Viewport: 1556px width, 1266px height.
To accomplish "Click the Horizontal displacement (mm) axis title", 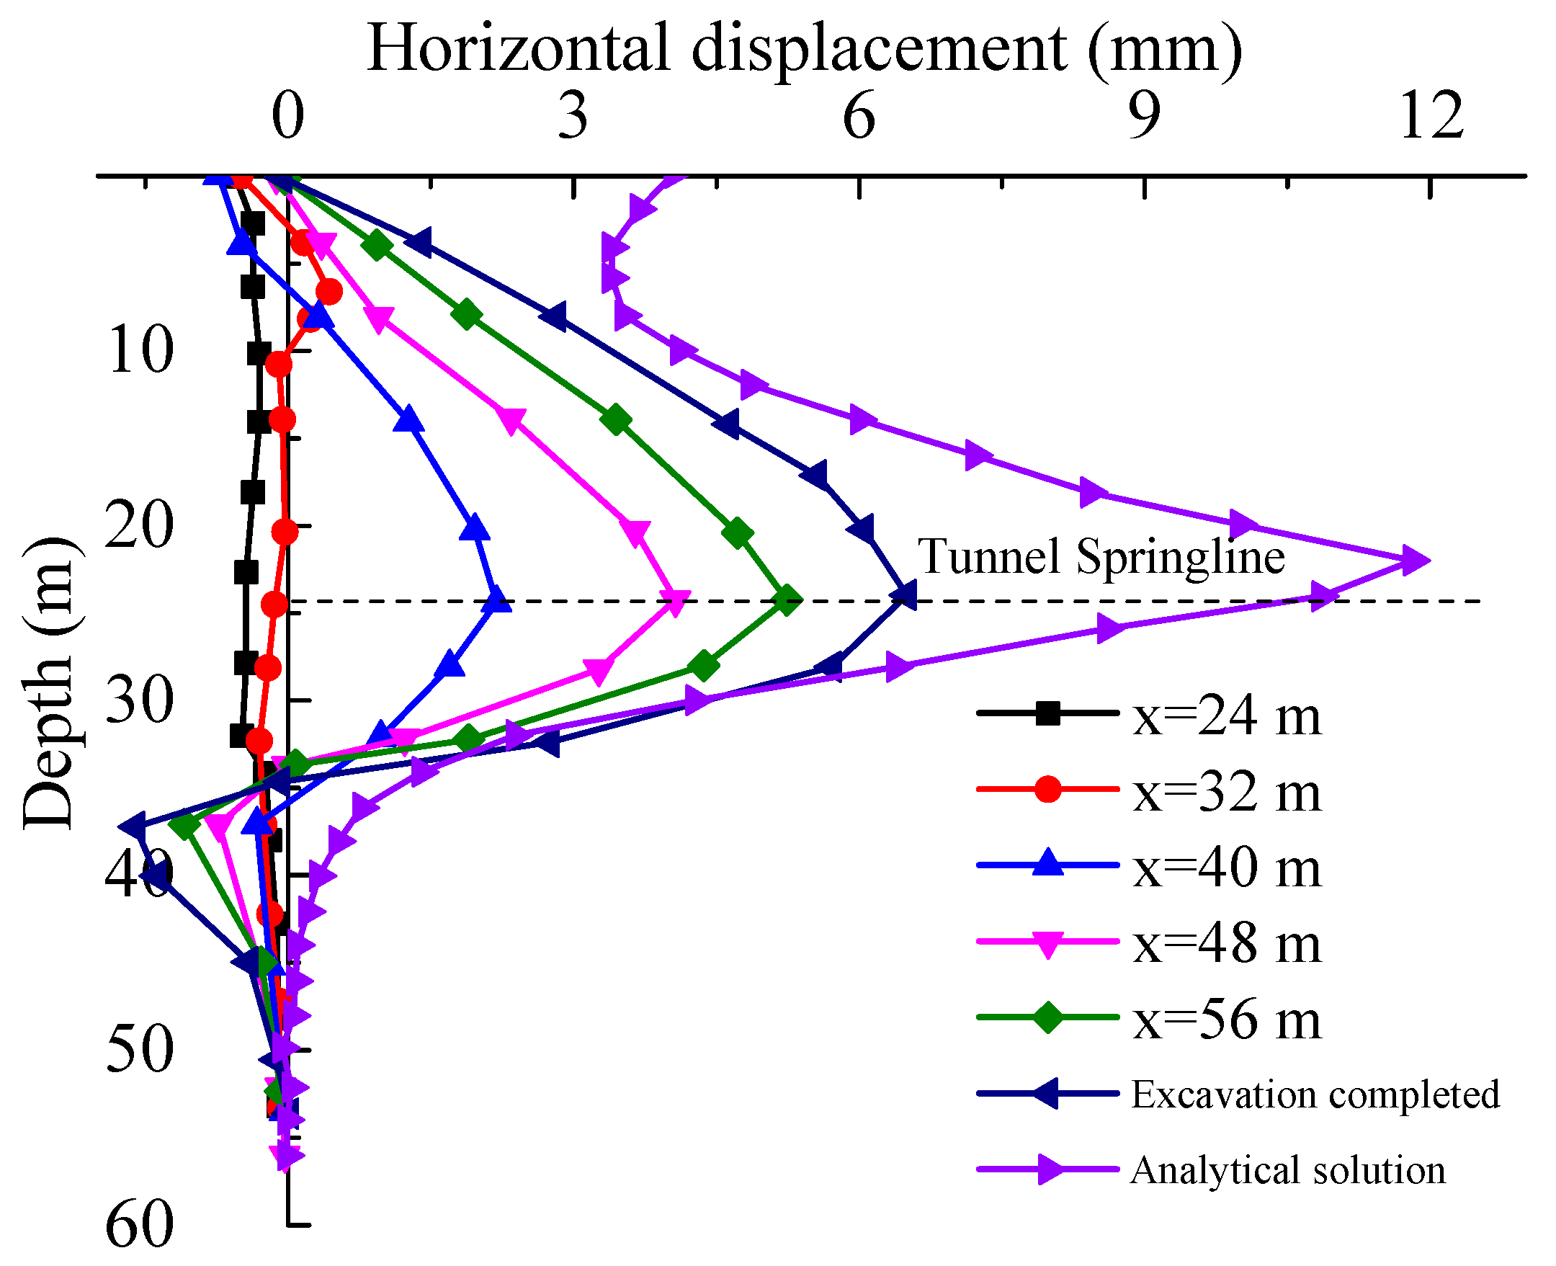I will [804, 48].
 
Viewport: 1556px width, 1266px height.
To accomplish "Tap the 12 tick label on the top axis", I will [1431, 117].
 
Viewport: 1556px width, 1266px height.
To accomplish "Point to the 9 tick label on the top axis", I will [1144, 117].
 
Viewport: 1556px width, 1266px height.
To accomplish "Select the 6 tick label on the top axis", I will [859, 117].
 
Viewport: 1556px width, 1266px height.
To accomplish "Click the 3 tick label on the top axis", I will [573, 117].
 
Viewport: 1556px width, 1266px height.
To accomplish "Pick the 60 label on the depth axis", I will [139, 1224].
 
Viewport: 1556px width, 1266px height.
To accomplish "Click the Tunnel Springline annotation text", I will [1100, 558].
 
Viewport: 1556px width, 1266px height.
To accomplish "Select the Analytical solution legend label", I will [1288, 1170].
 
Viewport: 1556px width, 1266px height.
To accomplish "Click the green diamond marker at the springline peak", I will [786, 600].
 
